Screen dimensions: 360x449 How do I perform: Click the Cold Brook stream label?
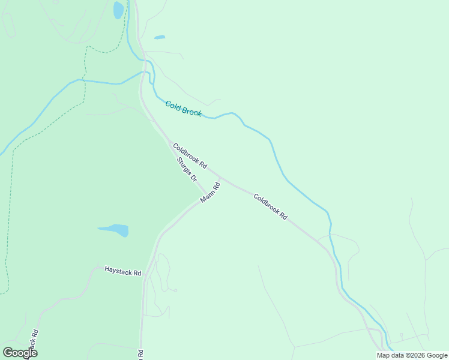click(184, 108)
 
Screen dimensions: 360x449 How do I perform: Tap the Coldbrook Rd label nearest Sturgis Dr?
click(190, 155)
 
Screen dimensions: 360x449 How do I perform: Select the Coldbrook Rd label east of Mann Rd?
click(270, 206)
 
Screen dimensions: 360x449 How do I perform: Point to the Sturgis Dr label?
click(187, 169)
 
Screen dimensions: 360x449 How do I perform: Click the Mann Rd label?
click(210, 193)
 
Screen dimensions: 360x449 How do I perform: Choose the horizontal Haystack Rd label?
click(122, 271)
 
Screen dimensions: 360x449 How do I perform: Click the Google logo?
click(20, 353)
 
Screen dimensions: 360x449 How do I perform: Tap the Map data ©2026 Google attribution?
click(412, 355)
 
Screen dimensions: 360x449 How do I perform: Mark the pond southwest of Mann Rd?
click(115, 230)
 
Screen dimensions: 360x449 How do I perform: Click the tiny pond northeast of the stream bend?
click(160, 37)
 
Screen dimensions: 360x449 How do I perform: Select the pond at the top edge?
click(118, 10)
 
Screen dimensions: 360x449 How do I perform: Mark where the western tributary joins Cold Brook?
click(146, 73)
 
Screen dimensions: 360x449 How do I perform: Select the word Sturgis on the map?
click(184, 166)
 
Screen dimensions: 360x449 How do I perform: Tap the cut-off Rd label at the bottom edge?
click(140, 354)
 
